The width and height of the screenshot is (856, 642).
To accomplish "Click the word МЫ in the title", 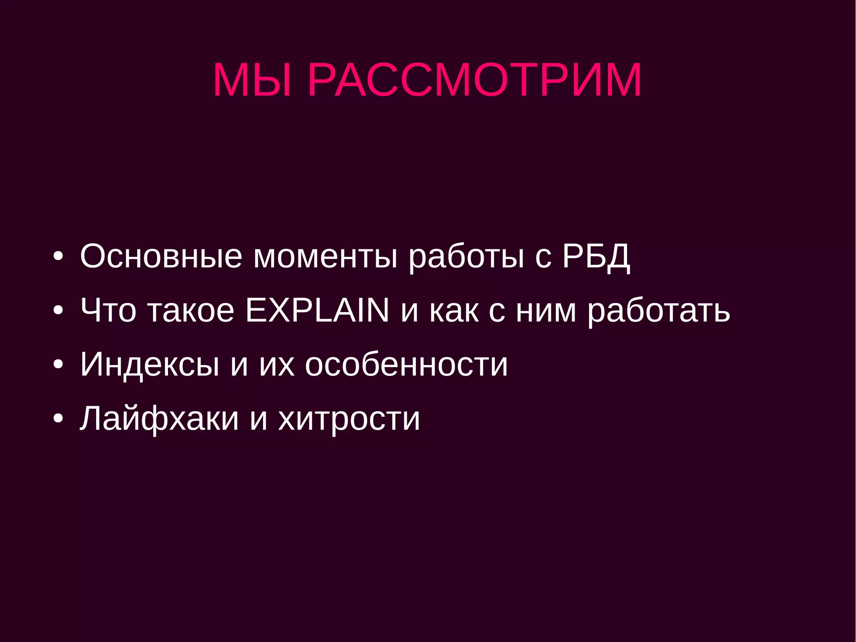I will click(x=252, y=80).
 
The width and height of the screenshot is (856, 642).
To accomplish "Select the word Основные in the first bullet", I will click(x=161, y=256).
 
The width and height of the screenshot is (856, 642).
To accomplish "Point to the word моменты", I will click(x=326, y=256).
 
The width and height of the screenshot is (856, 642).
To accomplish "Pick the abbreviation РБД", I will click(x=596, y=256).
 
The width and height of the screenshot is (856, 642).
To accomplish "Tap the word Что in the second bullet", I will click(x=108, y=310).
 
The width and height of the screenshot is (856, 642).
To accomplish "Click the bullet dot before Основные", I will click(x=59, y=256).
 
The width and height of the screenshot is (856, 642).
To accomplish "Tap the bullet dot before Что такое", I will click(x=59, y=311).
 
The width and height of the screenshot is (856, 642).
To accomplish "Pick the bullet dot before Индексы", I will click(x=59, y=365).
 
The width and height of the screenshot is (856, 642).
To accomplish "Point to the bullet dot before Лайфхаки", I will click(x=59, y=419).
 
